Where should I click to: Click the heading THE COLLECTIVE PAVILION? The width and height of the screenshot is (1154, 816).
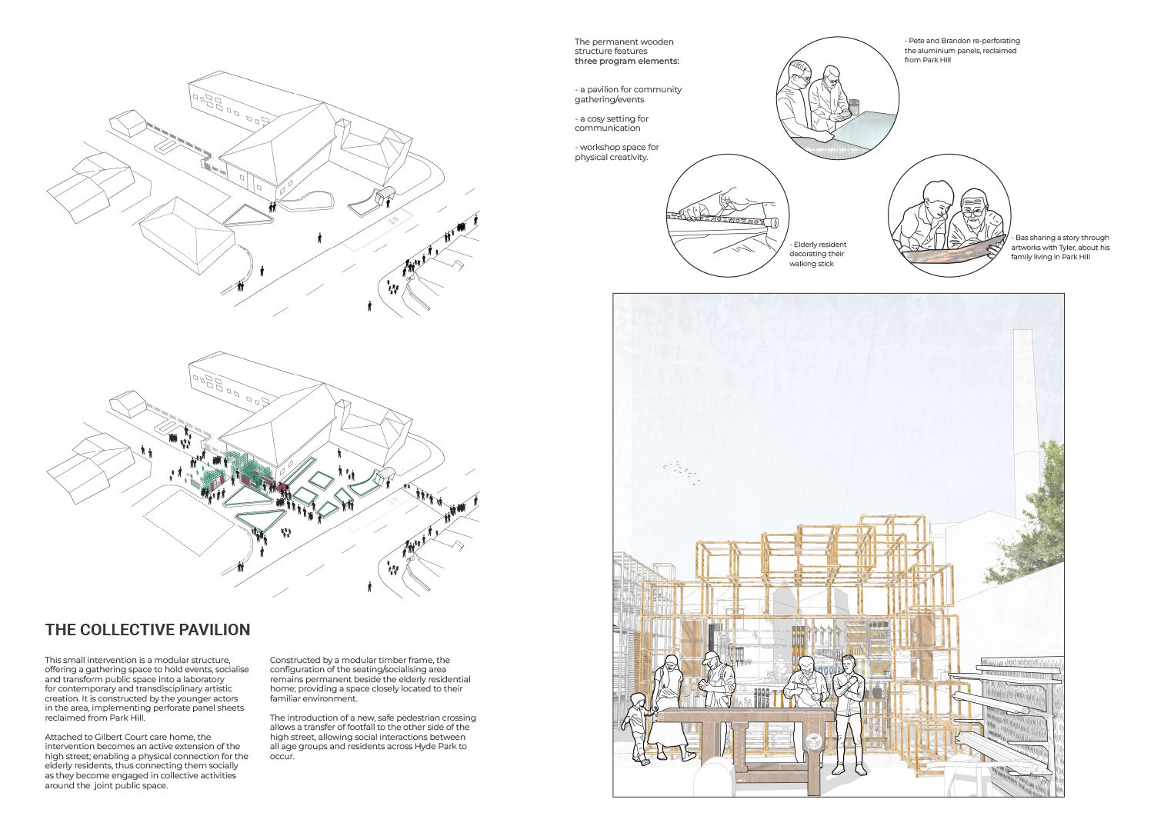148,630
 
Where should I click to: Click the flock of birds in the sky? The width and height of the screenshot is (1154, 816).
682,471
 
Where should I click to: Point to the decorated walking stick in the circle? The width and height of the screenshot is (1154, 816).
723,220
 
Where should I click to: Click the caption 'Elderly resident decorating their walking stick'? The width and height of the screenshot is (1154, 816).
817,255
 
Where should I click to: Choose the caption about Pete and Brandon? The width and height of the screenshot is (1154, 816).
962,50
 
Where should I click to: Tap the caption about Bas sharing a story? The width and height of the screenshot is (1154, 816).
1060,248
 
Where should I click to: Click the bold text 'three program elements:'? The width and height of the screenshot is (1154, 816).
627,61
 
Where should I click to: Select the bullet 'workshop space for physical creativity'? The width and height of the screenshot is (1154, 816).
616,152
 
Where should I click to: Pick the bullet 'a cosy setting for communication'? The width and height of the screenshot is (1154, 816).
612,124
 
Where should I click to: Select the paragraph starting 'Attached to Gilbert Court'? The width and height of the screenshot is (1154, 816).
146,761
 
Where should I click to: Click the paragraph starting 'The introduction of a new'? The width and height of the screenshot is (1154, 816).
372,737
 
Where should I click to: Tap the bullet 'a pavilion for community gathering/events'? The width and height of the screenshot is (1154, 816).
628,95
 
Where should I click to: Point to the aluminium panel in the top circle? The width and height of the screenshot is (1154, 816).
865,128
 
